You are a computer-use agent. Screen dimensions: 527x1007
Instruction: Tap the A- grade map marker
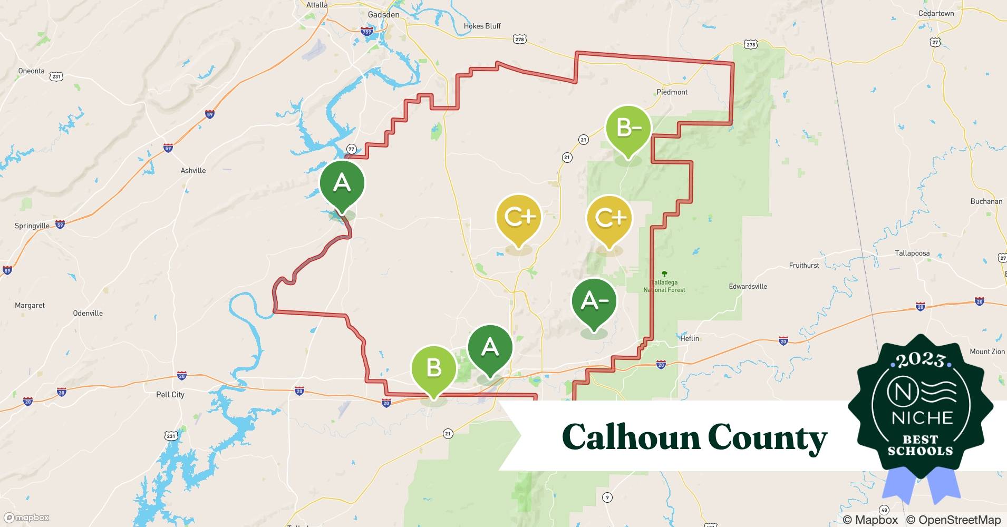pyautogui.click(x=594, y=301)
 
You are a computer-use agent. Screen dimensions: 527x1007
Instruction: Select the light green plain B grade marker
pyautogui.click(x=433, y=368)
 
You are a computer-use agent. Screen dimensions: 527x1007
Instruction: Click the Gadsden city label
pyautogui.click(x=383, y=15)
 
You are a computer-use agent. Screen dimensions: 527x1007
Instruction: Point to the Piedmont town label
pyautogui.click(x=672, y=92)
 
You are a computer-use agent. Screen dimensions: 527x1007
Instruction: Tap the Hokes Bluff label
pyautogui.click(x=482, y=26)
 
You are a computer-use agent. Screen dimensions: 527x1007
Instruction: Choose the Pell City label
pyautogui.click(x=170, y=395)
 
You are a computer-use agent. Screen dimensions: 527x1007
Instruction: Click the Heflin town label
pyautogui.click(x=690, y=338)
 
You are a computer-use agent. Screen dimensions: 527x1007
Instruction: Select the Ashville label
pyautogui.click(x=193, y=171)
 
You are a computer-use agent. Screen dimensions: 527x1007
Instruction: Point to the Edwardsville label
pyautogui.click(x=748, y=287)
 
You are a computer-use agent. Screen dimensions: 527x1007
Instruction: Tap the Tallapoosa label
pyautogui.click(x=912, y=253)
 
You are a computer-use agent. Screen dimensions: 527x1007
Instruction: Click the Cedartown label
pyautogui.click(x=936, y=14)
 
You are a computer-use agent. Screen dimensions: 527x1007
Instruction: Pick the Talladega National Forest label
pyautogui.click(x=664, y=286)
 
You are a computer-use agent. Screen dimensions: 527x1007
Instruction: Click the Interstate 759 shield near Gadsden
pyautogui.click(x=367, y=32)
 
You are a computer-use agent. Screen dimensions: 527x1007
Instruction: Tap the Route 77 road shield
pyautogui.click(x=352, y=149)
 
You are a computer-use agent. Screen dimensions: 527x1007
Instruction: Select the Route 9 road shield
pyautogui.click(x=607, y=497)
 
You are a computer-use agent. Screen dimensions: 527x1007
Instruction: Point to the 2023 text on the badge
pyautogui.click(x=921, y=360)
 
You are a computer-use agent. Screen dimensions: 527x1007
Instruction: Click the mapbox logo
pyautogui.click(x=27, y=518)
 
